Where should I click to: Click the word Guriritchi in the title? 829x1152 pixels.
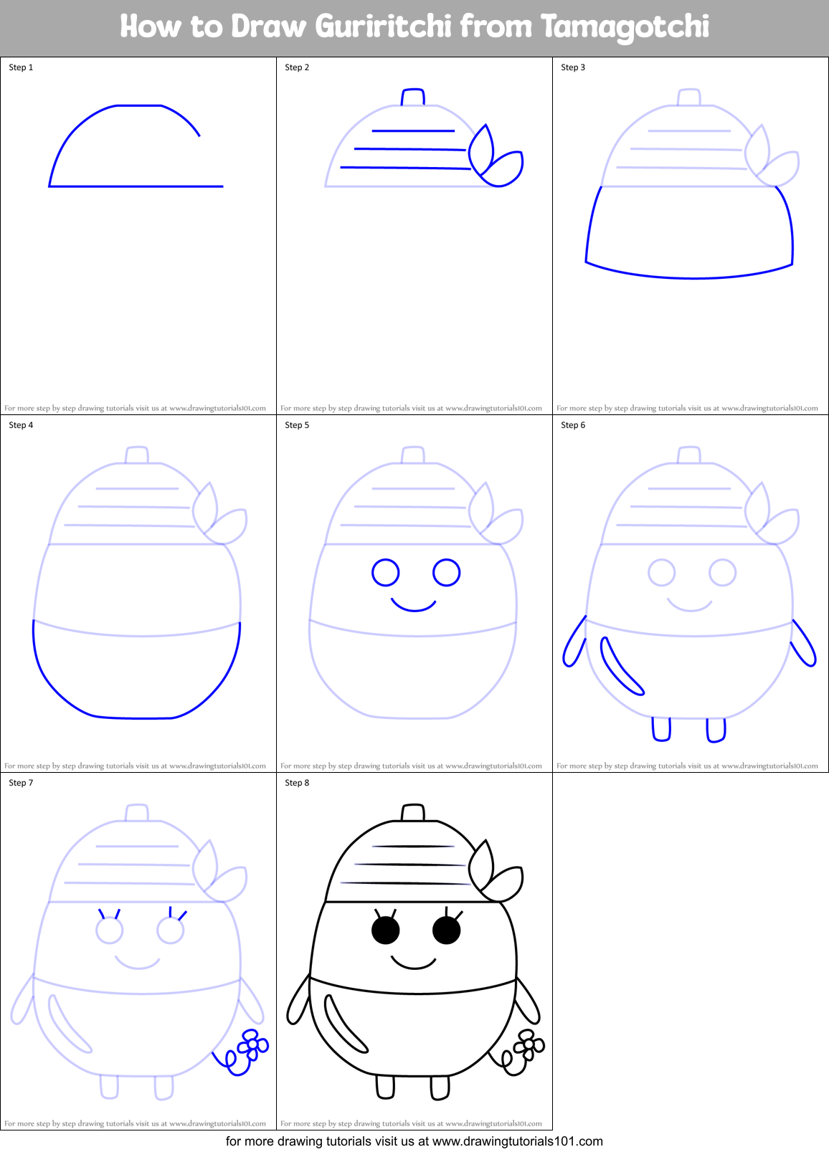[x=384, y=27]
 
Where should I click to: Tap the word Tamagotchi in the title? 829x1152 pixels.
[x=625, y=27]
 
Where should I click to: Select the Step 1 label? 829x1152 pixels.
[x=21, y=67]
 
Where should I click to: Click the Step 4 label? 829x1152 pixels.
[x=21, y=425]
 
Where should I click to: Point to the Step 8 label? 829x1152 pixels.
[x=297, y=783]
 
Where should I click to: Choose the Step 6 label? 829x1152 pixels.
[x=573, y=425]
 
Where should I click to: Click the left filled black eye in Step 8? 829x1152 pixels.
[x=385, y=930]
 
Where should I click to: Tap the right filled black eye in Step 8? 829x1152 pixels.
[x=446, y=930]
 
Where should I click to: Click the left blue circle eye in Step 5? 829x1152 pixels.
[x=385, y=573]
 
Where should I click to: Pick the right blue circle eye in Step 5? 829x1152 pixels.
[x=446, y=573]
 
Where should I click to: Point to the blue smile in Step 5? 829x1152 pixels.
[x=414, y=606]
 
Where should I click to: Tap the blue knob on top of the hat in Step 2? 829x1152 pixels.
[x=413, y=97]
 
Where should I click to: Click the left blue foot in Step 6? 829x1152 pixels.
[x=661, y=729]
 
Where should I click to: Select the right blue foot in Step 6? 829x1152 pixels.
[x=716, y=730]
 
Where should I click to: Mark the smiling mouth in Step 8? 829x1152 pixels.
[x=414, y=963]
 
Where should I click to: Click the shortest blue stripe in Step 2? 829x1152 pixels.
[x=413, y=131]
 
